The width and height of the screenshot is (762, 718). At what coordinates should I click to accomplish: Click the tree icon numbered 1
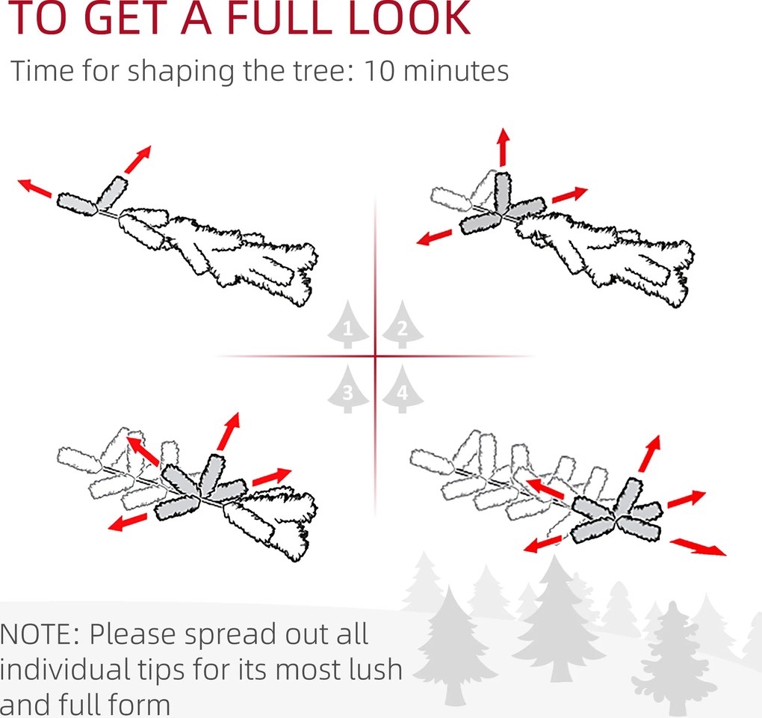click(x=347, y=325)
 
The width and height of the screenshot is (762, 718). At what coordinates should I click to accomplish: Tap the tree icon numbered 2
click(x=403, y=325)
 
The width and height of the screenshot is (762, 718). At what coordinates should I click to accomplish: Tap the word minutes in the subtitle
click(x=456, y=71)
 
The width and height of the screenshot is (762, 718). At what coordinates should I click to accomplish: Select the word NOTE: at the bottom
click(x=39, y=634)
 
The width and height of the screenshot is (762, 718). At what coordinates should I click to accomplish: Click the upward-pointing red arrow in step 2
click(x=503, y=147)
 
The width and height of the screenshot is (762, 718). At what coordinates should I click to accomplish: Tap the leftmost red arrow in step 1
click(x=34, y=188)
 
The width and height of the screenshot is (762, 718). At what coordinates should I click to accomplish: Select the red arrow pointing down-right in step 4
click(x=698, y=547)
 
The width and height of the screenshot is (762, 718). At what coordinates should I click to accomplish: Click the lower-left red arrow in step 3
click(x=127, y=522)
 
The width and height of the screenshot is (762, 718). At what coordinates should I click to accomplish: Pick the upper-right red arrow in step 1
click(x=138, y=159)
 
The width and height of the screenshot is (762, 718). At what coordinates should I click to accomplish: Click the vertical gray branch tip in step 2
click(x=502, y=193)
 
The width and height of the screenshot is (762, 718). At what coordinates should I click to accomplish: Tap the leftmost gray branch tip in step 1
click(x=76, y=204)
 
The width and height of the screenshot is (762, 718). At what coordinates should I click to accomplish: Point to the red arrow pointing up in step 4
click(x=650, y=453)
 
